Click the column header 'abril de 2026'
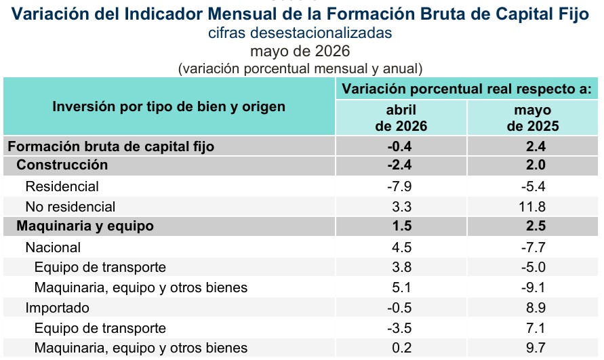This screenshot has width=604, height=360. coord(401,118)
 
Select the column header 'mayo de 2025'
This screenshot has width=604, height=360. coord(533,118)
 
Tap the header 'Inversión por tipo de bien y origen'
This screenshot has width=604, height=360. coord(169,106)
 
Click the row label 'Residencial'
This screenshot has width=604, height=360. coord(62,186)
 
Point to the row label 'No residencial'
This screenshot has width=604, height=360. coord(70,207)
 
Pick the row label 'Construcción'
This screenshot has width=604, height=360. coord(62,165)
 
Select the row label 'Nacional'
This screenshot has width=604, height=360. coord(53,247)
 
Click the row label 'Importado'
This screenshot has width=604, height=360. coord(58,308)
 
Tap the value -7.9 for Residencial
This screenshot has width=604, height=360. coord(399,186)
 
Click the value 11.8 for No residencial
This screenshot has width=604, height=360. coord(532,207)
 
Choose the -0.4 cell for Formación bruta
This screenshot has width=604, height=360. coord(399,147)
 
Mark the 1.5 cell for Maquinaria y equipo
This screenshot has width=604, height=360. coord(402,226)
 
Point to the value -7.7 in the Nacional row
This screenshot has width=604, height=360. coord(533,247)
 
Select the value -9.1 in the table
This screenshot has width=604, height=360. coord(533,287)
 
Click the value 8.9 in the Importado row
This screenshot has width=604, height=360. coord(536,308)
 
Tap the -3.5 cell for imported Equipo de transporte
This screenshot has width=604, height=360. coord(399,328)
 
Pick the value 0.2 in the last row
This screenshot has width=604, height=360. coord(402,348)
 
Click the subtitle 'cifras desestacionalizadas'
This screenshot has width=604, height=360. coord(300,33)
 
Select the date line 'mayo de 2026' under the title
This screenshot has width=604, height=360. coord(300,52)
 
